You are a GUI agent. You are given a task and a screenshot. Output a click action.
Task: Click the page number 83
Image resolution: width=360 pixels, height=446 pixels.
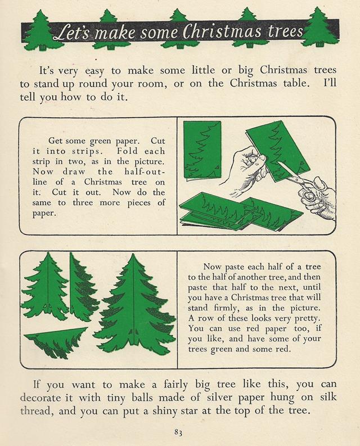pos(178,433)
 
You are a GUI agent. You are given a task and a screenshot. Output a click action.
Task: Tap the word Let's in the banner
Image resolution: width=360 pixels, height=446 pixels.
pos(73,33)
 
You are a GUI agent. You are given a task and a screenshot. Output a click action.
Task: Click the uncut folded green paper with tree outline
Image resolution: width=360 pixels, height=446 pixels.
pos(202,151)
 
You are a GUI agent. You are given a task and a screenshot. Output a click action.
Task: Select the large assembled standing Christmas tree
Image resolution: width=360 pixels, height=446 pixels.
pos(134,304)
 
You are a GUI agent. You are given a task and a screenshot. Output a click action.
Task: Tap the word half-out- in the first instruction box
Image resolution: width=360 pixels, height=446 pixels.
pos(145,172)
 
